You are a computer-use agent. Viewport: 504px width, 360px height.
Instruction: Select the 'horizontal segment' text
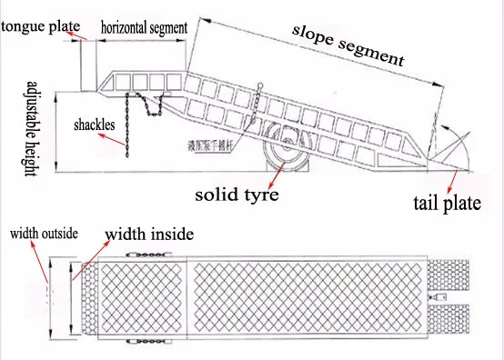144,28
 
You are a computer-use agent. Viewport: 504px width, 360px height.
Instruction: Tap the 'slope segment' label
348,43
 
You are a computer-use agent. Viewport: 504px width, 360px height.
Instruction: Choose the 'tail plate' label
446,204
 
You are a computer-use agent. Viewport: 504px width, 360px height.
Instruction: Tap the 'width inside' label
149,235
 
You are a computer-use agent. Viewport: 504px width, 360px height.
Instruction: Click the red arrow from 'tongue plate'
78,38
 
